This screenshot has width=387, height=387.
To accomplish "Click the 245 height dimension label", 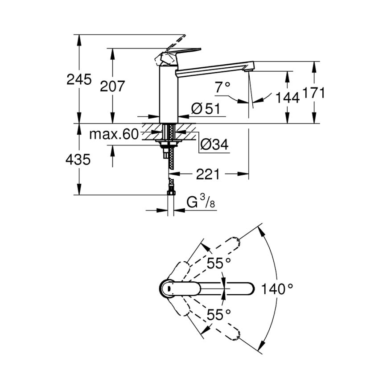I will pos(79,80).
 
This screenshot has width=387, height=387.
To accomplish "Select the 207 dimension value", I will pos(112,86).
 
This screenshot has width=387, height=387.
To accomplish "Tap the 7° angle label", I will pos(222,88).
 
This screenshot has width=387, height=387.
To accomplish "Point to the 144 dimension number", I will pos(286,98).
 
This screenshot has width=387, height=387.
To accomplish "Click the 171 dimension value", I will pos(314,94).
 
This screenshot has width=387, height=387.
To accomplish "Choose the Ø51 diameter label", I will pos(206,109).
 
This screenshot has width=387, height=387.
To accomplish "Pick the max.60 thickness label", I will pos(114,134).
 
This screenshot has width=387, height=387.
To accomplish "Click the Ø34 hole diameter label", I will pos(214,144).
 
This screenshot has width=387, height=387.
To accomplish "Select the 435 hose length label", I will pos(78,159).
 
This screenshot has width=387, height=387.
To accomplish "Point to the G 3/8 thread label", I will pos(201,203).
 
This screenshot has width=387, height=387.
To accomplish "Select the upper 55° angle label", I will pos(218,263).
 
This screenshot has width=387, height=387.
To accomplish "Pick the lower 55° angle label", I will pos(218,315).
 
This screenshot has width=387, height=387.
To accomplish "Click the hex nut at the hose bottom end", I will pos(170,193).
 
